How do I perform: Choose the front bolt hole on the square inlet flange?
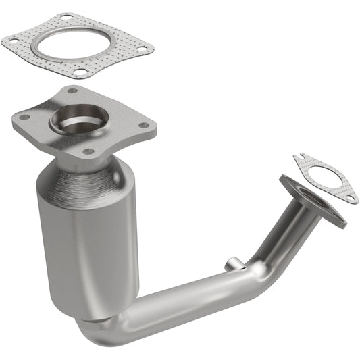tap(87, 152)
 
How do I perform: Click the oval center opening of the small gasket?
tap(327, 177)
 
